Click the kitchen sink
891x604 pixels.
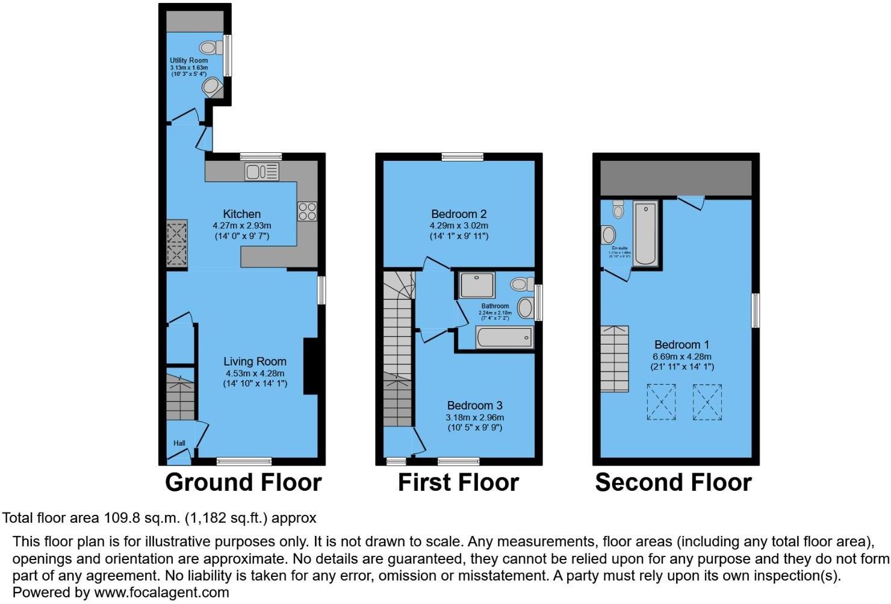(x=262, y=172)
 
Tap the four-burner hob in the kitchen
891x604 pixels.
(x=307, y=211)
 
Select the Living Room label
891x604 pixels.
(x=255, y=361)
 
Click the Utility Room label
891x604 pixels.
(x=188, y=60)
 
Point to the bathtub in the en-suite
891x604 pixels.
(x=645, y=234)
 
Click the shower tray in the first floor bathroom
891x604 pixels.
(x=477, y=285)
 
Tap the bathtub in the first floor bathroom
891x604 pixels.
(x=504, y=337)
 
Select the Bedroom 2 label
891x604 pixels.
(x=459, y=214)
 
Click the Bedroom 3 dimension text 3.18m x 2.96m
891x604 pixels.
(x=475, y=417)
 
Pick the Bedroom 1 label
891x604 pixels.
(x=681, y=344)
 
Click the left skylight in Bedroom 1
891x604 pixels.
(x=661, y=402)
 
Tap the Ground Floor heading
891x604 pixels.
(x=243, y=482)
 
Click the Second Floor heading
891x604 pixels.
(x=673, y=482)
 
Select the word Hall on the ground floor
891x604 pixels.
(x=179, y=443)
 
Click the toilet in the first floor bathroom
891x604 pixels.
(x=521, y=283)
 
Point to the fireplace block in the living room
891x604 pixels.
(x=311, y=366)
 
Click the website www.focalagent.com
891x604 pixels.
(x=161, y=592)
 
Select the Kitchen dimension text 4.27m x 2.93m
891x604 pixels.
(x=242, y=225)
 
